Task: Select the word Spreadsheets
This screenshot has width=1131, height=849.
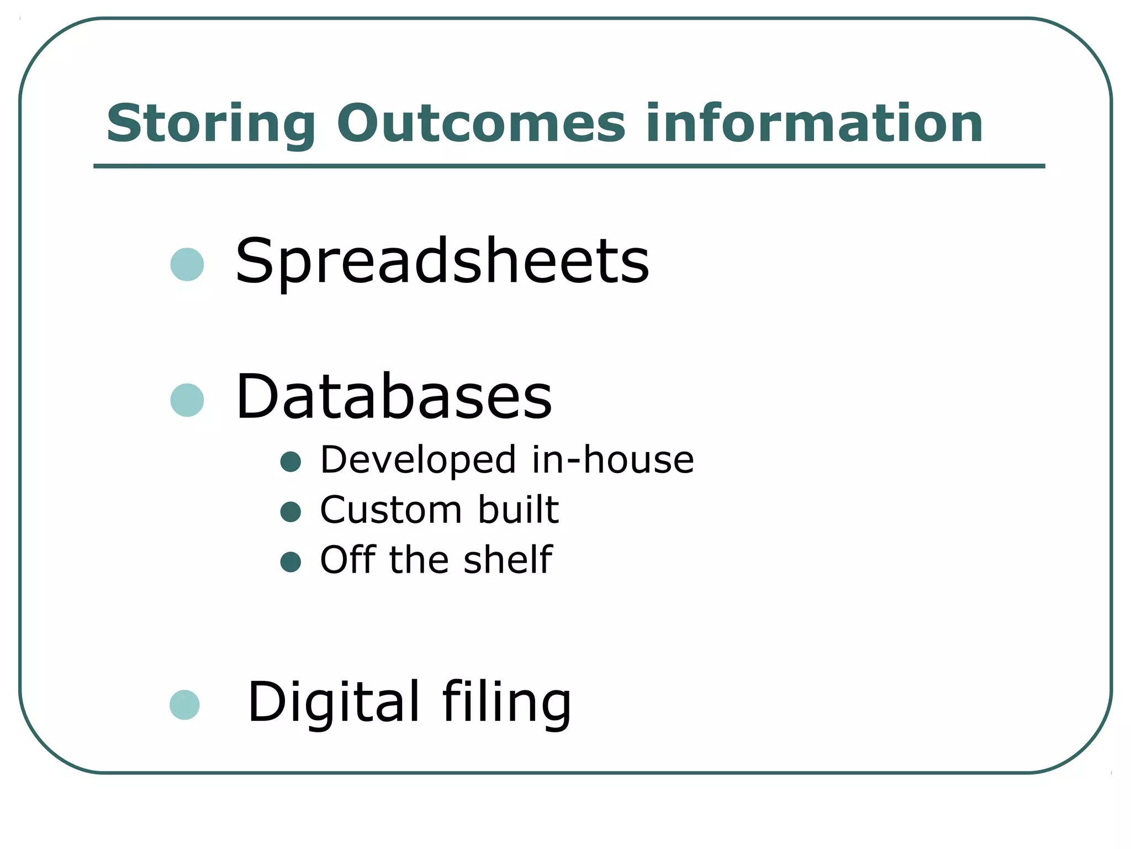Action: (442, 261)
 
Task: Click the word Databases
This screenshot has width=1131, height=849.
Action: (394, 397)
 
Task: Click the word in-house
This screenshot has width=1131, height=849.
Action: (612, 459)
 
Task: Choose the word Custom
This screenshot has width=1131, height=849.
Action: (391, 510)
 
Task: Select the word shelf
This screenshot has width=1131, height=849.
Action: (508, 559)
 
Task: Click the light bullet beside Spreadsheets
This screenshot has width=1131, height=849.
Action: (187, 265)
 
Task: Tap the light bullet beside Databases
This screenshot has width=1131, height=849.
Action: (187, 400)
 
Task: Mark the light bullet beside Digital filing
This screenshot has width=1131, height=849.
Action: (184, 705)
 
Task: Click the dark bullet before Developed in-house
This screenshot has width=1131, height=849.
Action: (290, 462)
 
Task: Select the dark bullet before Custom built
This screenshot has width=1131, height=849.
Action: (290, 511)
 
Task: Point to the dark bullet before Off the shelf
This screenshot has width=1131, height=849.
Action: (290, 562)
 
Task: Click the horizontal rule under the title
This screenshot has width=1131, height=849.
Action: (569, 166)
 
